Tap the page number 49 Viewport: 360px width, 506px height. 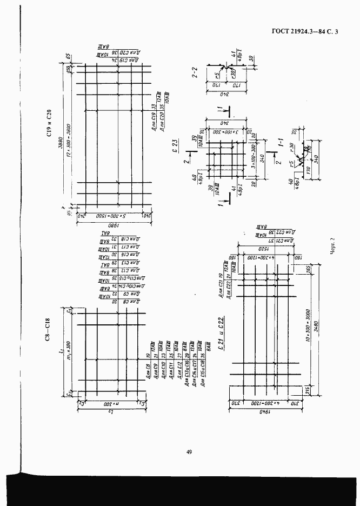189,453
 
